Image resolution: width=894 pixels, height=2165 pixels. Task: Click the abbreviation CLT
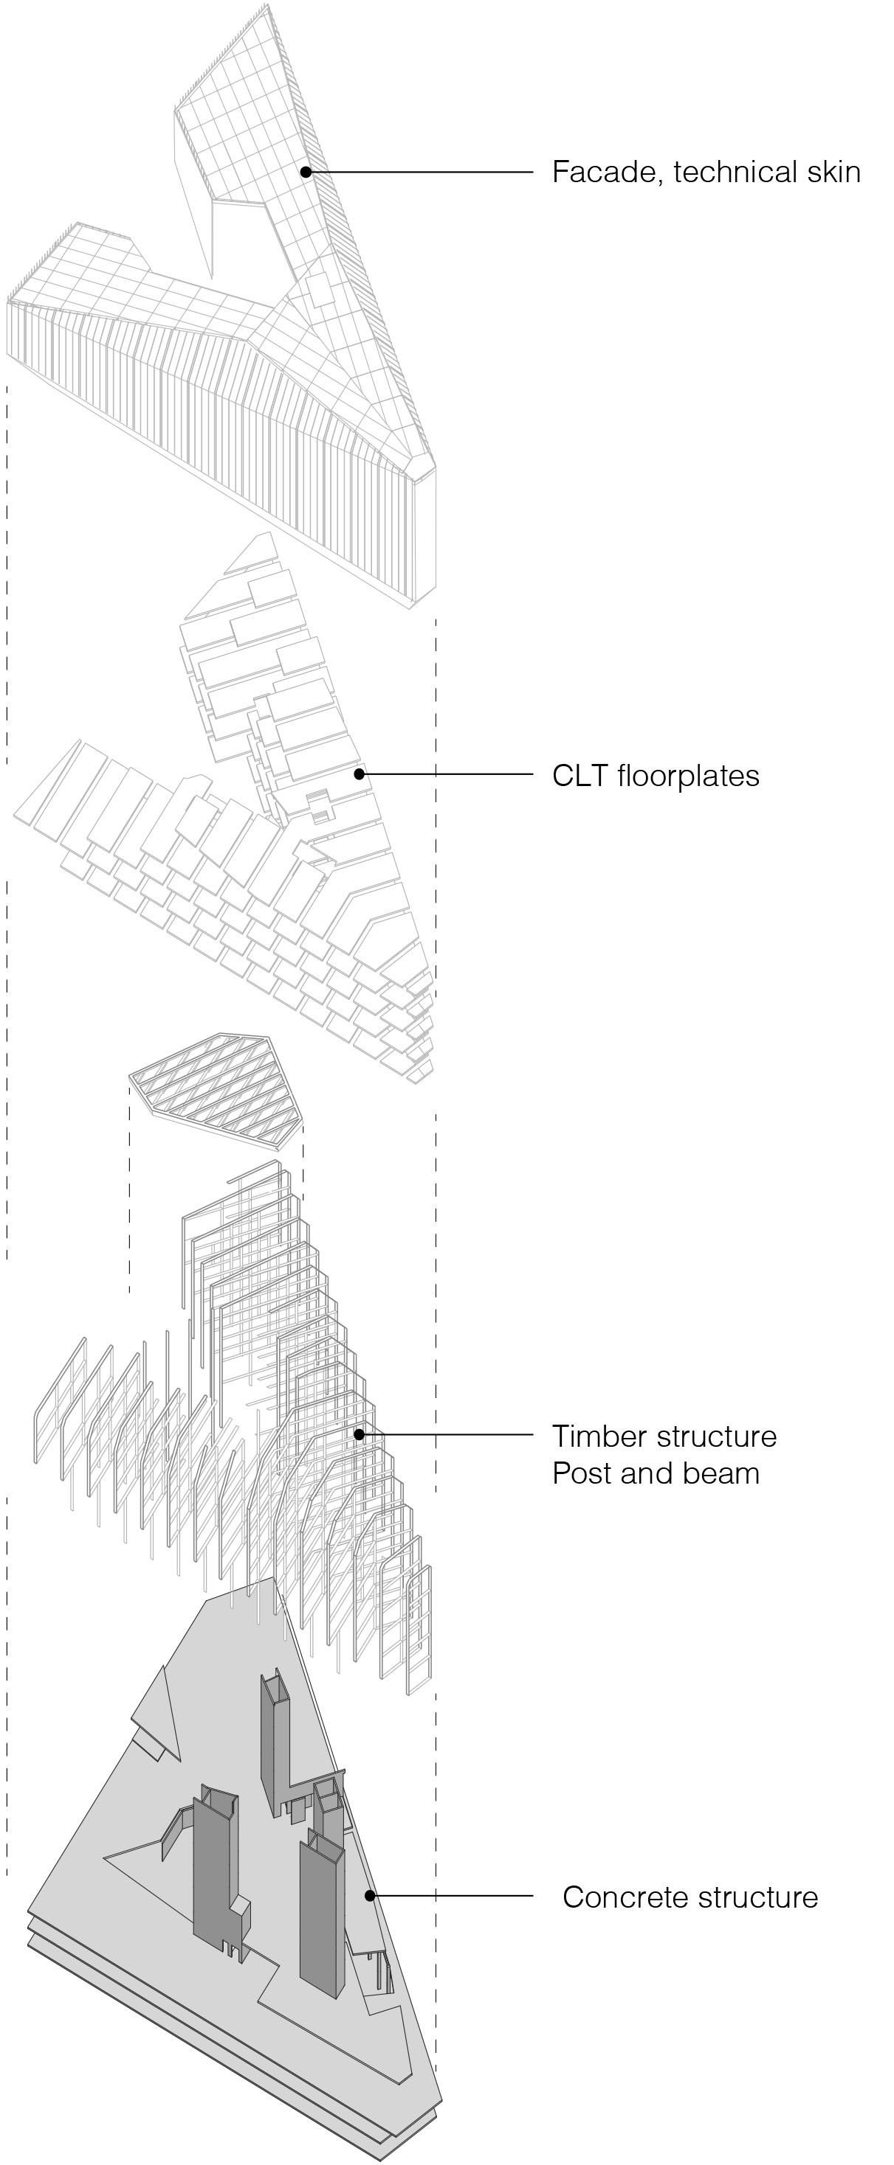580,776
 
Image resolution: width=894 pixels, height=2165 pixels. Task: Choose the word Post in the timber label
581,1473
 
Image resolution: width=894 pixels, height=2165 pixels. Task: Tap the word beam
723,1473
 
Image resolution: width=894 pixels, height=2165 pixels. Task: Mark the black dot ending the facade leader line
306,172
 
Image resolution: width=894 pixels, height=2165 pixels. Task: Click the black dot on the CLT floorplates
360,774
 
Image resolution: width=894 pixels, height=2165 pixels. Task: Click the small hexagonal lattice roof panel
217,1088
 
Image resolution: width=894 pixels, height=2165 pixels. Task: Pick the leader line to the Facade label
421,172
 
